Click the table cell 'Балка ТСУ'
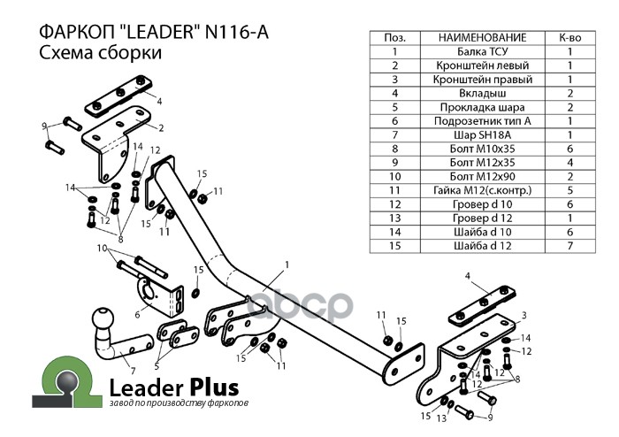pos(482,51)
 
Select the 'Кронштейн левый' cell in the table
pos(482,65)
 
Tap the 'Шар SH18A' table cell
pos(482,134)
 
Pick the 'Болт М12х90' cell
pos(482,176)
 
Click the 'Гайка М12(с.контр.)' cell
pos(482,190)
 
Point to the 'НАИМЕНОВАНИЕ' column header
pos(482,38)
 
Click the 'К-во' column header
pos(569,38)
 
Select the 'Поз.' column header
pos(395,38)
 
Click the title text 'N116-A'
pos(236,31)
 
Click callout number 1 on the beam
pos(287,264)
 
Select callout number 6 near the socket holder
pos(138,314)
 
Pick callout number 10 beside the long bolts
pos(102,248)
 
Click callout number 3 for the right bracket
pos(523,315)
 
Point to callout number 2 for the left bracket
pos(161,129)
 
